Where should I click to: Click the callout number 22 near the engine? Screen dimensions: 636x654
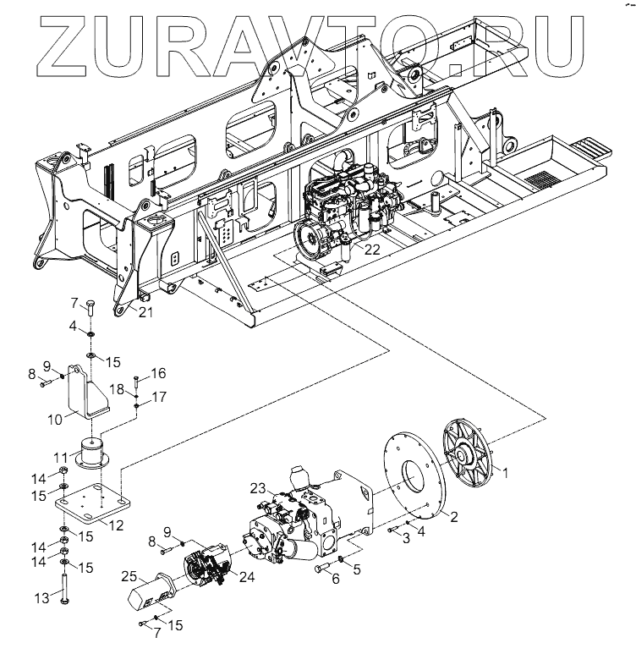tap(373, 250)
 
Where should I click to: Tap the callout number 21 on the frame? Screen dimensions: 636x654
tap(145, 313)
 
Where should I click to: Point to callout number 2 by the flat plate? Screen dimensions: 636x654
tap(453, 517)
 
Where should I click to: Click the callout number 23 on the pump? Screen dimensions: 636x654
tap(259, 487)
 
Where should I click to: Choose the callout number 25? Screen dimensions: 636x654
tap(129, 577)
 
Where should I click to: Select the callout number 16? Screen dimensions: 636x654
tap(158, 372)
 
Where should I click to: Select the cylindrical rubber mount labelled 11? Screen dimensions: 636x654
tap(94, 452)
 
